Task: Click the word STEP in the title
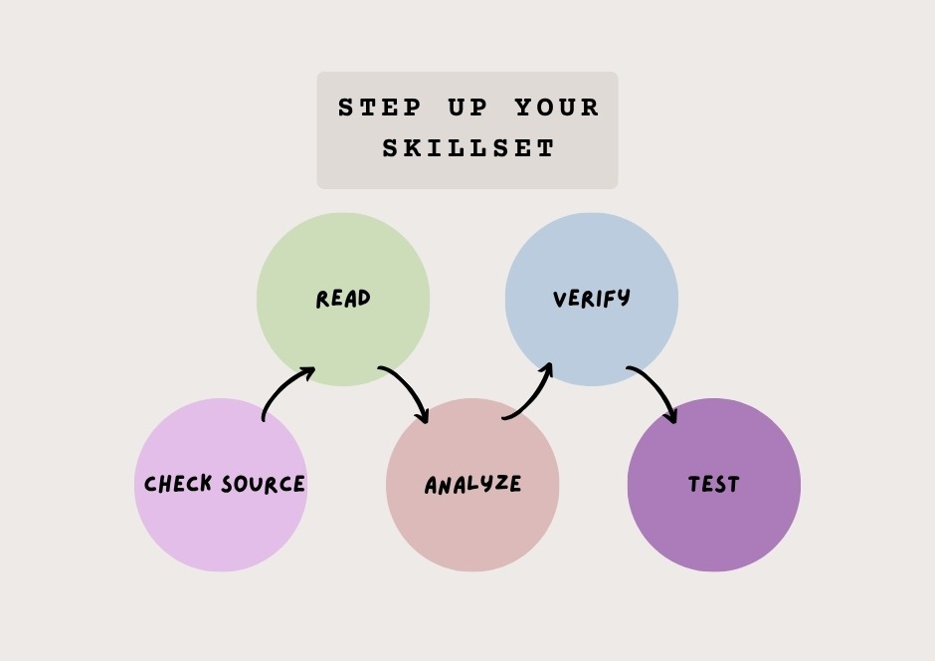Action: pyautogui.click(x=380, y=108)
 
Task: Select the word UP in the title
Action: pyautogui.click(x=468, y=108)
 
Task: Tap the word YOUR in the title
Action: pyautogui.click(x=557, y=108)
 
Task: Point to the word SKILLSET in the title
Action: pyautogui.click(x=468, y=148)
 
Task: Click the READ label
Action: pyautogui.click(x=343, y=299)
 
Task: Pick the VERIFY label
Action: pyautogui.click(x=592, y=299)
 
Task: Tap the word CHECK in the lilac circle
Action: pyautogui.click(x=178, y=483)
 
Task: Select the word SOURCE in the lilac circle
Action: pyautogui.click(x=263, y=484)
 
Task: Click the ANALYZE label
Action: pyautogui.click(x=472, y=485)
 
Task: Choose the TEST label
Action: pyautogui.click(x=714, y=484)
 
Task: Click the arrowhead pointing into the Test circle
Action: pyautogui.click(x=670, y=415)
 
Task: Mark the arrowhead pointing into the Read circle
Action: pyautogui.click(x=306, y=373)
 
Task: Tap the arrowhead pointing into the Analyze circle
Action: pyautogui.click(x=423, y=415)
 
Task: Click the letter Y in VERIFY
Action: pyautogui.click(x=624, y=298)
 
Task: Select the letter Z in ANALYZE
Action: pyautogui.click(x=498, y=484)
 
